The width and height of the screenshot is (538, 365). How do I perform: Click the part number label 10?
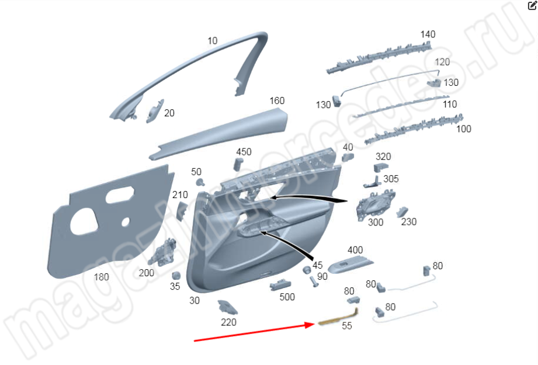213,41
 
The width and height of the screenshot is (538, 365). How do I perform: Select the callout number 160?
277,100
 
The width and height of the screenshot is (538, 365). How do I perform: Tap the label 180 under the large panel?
101,277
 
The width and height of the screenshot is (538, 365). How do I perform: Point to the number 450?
244,152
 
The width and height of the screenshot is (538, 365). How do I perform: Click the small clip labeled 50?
199,182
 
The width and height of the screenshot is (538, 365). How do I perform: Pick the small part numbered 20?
155,111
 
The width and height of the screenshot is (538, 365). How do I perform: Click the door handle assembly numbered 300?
376,205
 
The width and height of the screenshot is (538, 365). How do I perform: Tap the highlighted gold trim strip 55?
339,317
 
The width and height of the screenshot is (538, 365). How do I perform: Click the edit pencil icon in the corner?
532,5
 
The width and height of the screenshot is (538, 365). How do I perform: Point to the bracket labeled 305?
372,182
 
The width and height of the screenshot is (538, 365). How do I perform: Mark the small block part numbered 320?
380,168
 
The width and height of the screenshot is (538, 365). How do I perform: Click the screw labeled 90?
314,281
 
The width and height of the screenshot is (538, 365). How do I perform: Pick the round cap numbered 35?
176,276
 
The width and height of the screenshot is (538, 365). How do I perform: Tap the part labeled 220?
227,307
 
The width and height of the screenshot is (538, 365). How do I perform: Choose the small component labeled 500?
280,285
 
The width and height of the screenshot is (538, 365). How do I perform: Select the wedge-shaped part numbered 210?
182,211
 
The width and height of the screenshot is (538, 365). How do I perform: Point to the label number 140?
428,34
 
